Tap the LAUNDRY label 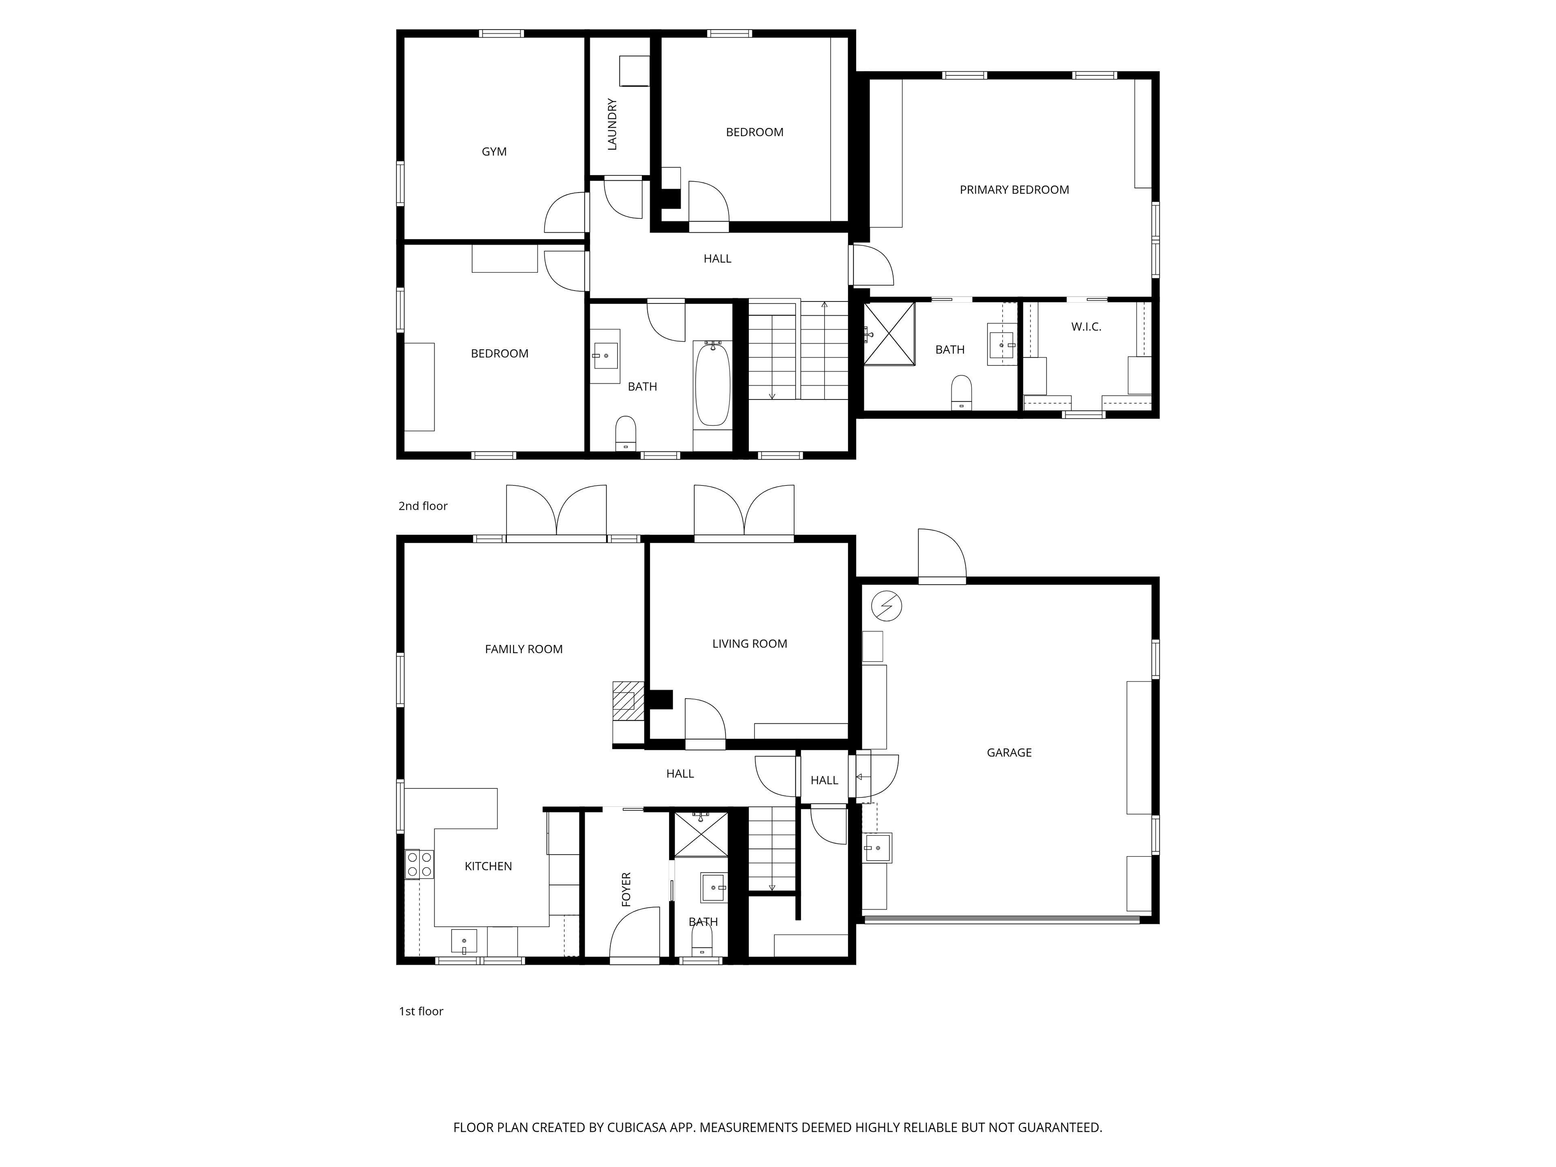pyautogui.click(x=612, y=124)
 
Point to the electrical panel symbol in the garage pyautogui.click(x=886, y=606)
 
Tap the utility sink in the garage pyautogui.click(x=878, y=848)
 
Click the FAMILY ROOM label pyautogui.click(x=524, y=649)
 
